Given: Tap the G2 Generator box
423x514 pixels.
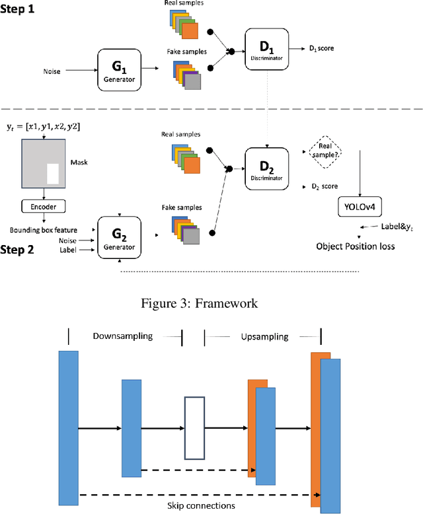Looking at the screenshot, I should pyautogui.click(x=120, y=237).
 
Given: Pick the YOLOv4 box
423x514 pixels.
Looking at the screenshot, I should pyautogui.click(x=359, y=205).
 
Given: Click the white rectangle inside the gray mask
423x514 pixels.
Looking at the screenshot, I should pyautogui.click(x=53, y=173).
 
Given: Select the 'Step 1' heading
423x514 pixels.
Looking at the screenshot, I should pyautogui.click(x=19, y=11).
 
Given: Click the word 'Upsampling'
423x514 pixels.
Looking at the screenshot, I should pyautogui.click(x=264, y=336).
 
